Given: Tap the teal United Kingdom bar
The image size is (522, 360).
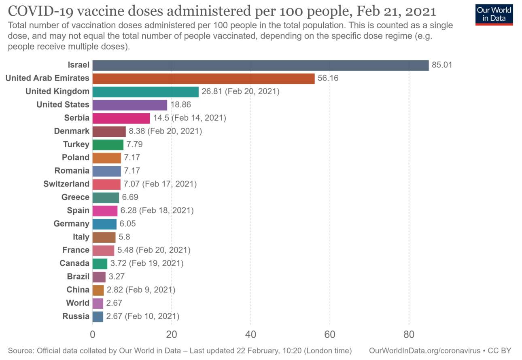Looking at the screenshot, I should coord(145,92).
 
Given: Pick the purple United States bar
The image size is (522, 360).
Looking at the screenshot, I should coord(129,105).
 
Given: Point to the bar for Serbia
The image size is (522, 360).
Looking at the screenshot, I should coord(121,118).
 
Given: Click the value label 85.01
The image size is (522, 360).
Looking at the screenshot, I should coord(442,65).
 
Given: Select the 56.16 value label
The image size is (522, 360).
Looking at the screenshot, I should coord(328,78).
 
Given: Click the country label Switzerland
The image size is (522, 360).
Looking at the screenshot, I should coord(66,184).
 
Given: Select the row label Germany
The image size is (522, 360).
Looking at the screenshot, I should coord(72,224).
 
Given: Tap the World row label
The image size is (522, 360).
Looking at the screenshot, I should coord(78,303).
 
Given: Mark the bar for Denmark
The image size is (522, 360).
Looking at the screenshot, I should coord(109,131).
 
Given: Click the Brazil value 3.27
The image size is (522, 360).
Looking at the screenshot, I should coord(117,277).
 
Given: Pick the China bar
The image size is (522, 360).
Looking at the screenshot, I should coord(98,290).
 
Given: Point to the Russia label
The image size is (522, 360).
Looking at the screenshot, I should coord(76,316).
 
